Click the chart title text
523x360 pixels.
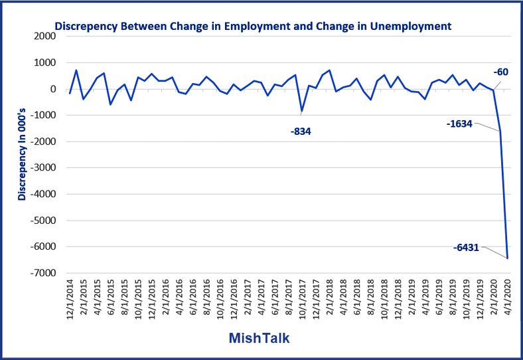pos(252,27)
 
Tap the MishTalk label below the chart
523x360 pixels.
pos(259,338)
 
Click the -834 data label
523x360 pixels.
pos(301,132)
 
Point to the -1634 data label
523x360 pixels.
pos(459,123)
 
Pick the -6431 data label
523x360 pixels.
pos(467,247)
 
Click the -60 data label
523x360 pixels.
pos(500,72)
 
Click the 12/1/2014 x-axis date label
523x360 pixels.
pos(71,300)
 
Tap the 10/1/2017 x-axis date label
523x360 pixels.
pos(303,300)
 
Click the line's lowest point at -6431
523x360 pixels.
pos(506,258)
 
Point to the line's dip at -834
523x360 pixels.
pos(302,111)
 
